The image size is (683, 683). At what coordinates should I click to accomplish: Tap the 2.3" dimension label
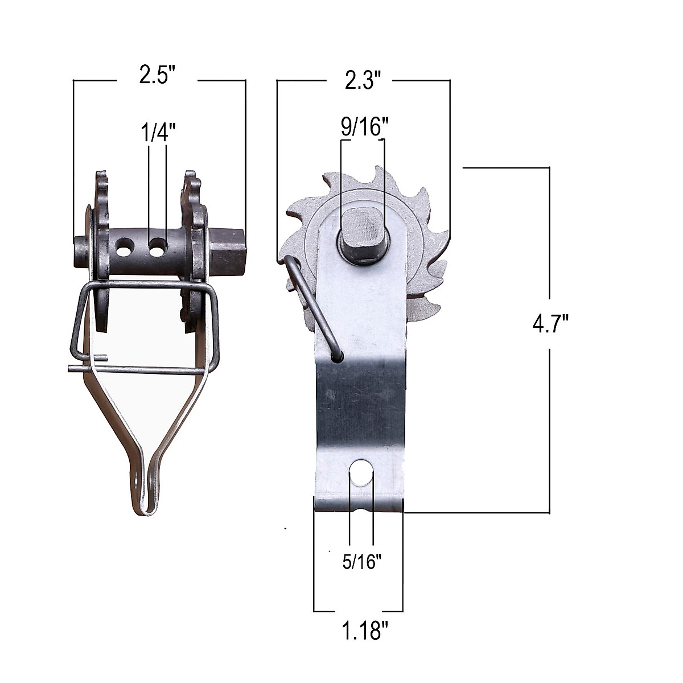click(x=361, y=81)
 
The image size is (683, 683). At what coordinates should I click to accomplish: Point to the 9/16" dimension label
click(x=363, y=126)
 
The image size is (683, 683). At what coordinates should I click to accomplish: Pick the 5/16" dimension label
click(x=361, y=562)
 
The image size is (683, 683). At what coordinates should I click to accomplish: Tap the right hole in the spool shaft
click(x=158, y=246)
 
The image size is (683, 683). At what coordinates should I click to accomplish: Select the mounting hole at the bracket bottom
click(x=360, y=471)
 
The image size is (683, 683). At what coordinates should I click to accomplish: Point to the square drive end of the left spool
click(x=229, y=250)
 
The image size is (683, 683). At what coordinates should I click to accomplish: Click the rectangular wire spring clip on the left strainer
click(x=145, y=324)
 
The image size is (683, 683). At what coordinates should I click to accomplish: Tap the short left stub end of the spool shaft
click(x=80, y=251)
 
